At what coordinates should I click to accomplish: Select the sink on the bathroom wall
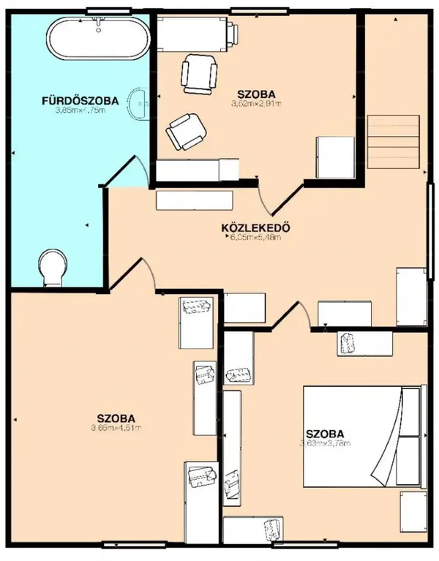click(x=138, y=104)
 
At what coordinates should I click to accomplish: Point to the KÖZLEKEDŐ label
click(x=256, y=227)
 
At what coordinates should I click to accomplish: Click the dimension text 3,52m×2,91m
click(x=256, y=105)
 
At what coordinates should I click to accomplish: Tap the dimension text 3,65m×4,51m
click(x=116, y=428)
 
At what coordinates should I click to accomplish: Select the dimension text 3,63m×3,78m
click(x=325, y=443)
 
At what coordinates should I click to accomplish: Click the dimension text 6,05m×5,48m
click(x=255, y=237)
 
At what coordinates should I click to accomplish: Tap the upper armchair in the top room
click(x=199, y=73)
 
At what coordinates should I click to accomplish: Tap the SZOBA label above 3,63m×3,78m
click(x=325, y=432)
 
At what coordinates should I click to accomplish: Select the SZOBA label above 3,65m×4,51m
click(x=116, y=418)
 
